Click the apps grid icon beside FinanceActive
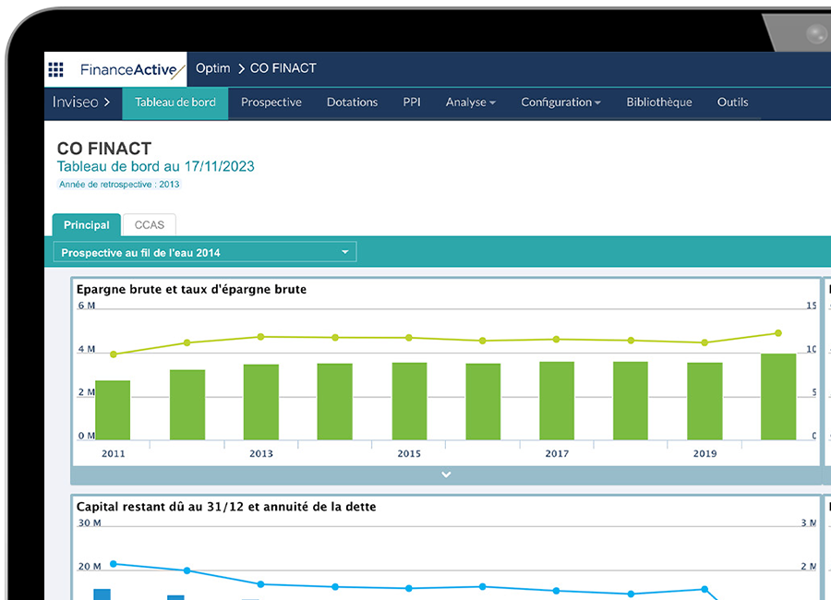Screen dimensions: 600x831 (x=56, y=69)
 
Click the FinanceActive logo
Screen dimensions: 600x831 (x=132, y=70)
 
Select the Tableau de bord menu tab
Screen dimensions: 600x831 (x=175, y=102)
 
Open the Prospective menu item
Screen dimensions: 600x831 (x=271, y=102)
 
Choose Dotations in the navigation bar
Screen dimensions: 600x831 (x=352, y=102)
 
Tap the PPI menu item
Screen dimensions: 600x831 (x=412, y=102)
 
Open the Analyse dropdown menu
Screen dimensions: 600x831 (x=470, y=102)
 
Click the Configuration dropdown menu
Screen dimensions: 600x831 (x=560, y=102)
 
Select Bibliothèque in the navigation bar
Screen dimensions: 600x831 (x=658, y=102)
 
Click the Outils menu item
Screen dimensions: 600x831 (x=732, y=102)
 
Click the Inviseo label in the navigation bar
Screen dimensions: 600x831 (x=81, y=102)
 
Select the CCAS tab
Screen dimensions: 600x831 (x=149, y=224)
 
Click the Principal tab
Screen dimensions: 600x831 (x=87, y=224)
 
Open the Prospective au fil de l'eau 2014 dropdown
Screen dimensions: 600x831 (x=205, y=252)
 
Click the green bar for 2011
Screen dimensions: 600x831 (x=113, y=410)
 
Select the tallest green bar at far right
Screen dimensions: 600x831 (x=777, y=397)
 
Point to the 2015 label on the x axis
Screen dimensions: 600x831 (x=409, y=454)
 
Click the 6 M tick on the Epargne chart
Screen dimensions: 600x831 (x=86, y=306)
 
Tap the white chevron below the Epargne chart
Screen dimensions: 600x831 (x=446, y=474)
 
